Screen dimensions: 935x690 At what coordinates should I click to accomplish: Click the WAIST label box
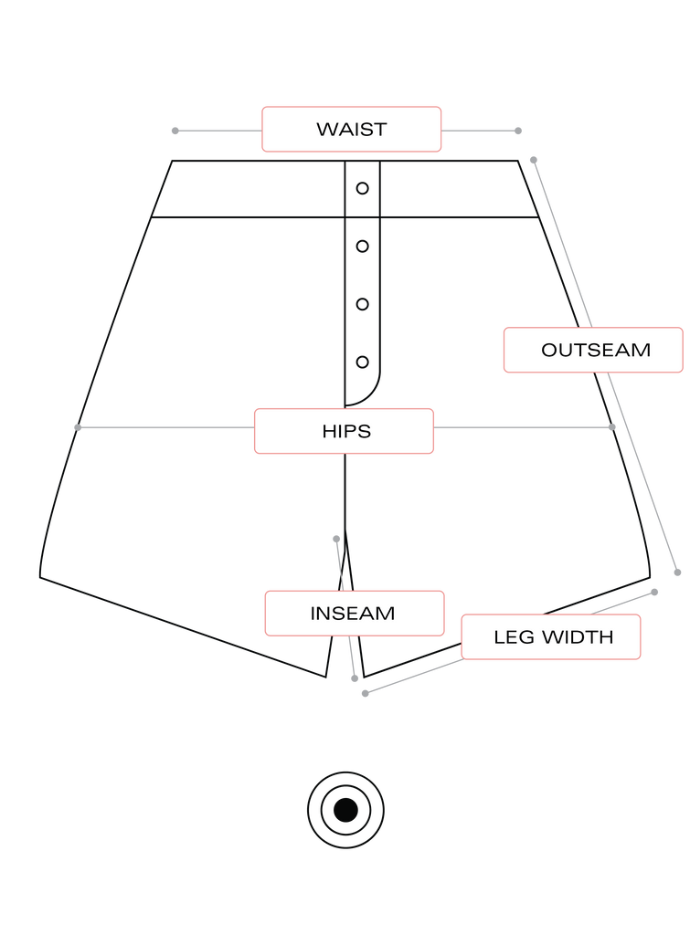click(351, 129)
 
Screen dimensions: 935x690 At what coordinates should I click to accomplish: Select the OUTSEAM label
click(594, 350)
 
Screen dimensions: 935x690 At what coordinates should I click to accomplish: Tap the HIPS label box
click(345, 431)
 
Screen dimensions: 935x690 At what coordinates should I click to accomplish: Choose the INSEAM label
click(355, 613)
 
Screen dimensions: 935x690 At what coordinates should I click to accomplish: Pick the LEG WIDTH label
click(551, 636)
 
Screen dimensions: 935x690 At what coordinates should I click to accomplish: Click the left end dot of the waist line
click(175, 131)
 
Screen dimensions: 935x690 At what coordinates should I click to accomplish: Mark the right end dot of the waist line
click(518, 131)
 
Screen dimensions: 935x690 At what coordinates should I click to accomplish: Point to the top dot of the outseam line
click(534, 160)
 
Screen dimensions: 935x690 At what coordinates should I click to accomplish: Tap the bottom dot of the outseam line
click(677, 573)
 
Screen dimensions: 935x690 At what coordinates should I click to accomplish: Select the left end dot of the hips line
click(78, 427)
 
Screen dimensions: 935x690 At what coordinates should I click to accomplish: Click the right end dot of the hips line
click(612, 426)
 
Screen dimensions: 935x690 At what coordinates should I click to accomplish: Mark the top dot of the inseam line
click(336, 539)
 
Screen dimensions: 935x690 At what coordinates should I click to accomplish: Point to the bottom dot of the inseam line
click(355, 678)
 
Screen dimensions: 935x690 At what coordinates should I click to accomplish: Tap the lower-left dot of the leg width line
click(366, 694)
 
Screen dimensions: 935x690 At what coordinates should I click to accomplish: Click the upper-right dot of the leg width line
click(654, 592)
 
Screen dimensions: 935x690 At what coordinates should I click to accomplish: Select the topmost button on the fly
click(362, 189)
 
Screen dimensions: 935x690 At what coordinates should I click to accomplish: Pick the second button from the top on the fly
click(362, 245)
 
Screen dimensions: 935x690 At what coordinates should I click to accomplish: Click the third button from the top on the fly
click(362, 303)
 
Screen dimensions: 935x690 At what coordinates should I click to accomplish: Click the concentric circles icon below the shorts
click(345, 809)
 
